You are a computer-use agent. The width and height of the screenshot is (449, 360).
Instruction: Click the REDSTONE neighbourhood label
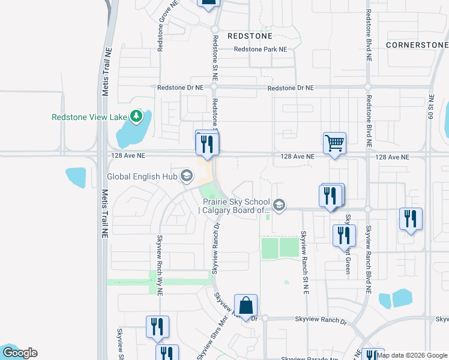click(x=250, y=36)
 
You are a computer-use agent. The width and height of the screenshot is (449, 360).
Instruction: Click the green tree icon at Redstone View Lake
click(x=137, y=116)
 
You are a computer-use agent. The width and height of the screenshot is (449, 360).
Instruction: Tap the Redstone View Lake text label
click(x=90, y=118)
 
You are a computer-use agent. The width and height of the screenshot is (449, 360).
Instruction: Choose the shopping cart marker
click(x=334, y=143)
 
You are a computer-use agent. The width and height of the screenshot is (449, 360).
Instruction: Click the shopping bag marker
click(x=246, y=305)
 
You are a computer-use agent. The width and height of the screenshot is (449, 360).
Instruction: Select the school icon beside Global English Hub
click(x=187, y=176)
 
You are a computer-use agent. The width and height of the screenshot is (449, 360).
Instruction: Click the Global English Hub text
click(x=143, y=176)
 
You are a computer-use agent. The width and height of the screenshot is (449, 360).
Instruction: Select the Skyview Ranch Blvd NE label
click(x=369, y=259)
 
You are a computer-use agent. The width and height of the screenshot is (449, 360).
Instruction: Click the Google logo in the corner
click(x=19, y=353)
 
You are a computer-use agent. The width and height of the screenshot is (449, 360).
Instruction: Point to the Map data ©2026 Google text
click(x=412, y=355)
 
